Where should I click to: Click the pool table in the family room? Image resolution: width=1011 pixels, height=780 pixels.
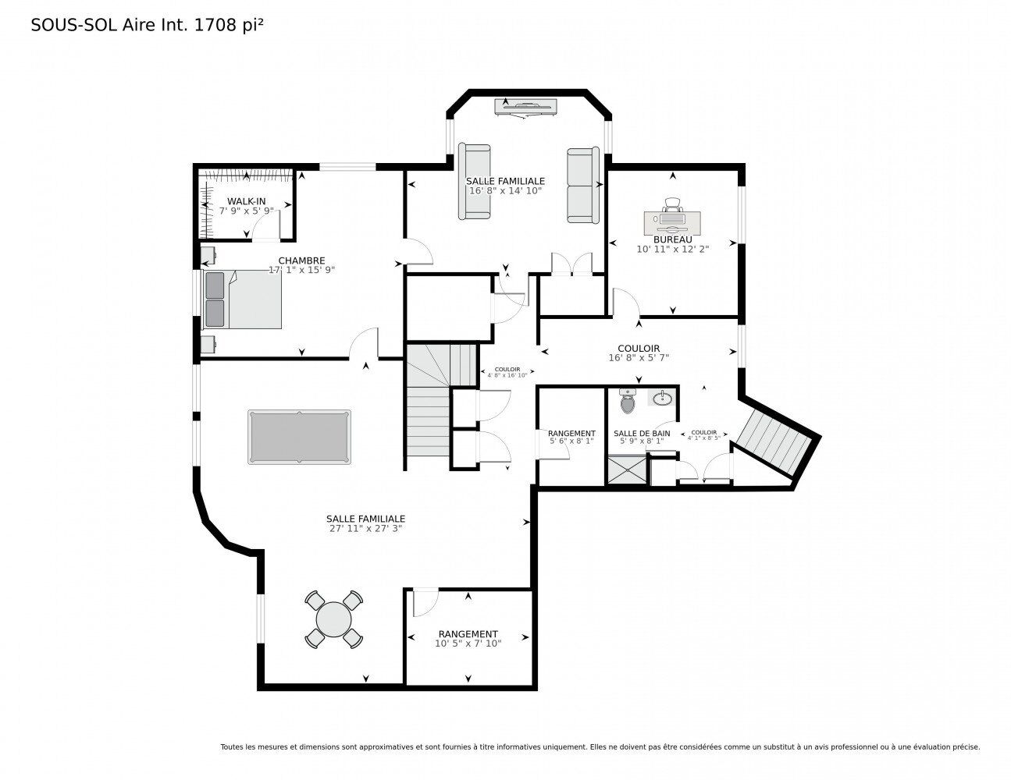click(299, 437)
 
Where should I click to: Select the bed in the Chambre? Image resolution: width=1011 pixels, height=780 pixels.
click(242, 300)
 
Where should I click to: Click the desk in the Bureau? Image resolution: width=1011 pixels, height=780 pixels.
click(672, 222)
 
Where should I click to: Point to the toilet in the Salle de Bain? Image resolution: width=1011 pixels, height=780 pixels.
click(628, 402)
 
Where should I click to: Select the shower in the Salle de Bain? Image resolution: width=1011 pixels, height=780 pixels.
click(627, 470)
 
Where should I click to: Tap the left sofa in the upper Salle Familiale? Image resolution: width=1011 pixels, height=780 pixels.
click(474, 181)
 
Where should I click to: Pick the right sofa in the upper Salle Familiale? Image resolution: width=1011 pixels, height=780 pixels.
click(582, 185)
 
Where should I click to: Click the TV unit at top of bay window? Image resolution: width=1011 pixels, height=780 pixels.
click(525, 106)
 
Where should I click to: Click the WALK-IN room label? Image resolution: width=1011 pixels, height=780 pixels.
click(246, 201)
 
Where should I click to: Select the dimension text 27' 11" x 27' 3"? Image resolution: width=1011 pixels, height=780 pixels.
click(365, 528)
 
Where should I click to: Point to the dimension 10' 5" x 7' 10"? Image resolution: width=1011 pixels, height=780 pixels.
click(468, 643)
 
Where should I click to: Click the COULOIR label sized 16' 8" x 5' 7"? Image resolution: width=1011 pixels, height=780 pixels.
click(639, 349)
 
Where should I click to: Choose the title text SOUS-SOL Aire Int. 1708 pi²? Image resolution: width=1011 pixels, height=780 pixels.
click(147, 25)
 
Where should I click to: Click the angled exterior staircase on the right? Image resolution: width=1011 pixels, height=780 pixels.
click(774, 442)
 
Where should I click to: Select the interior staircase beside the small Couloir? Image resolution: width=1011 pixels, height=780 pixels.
click(428, 406)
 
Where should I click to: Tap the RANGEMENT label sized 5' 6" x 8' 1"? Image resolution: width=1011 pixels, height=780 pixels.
click(571, 434)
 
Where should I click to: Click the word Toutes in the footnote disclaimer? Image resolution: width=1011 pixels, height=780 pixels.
click(232, 746)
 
